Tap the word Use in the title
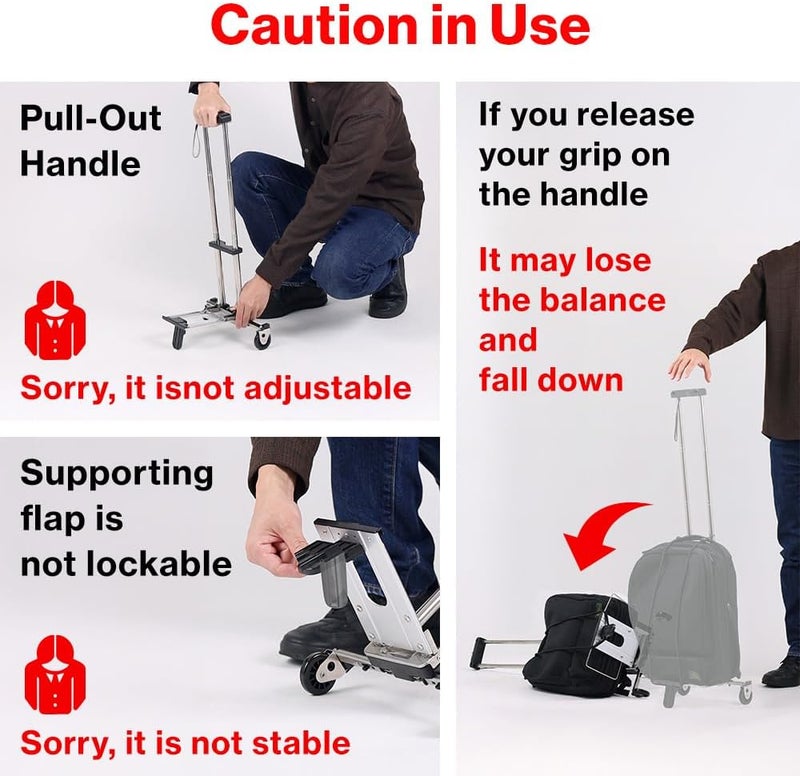[540, 26]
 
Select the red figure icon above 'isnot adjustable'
[56, 318]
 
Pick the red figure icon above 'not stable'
[56, 673]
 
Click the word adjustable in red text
[328, 388]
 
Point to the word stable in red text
[301, 743]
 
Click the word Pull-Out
[91, 118]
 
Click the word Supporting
[117, 473]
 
